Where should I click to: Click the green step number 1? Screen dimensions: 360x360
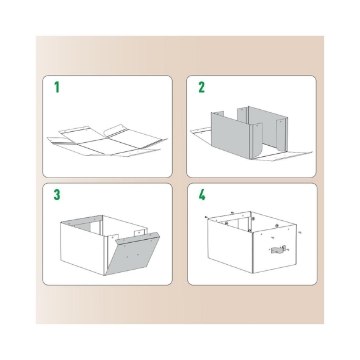tap(57, 87)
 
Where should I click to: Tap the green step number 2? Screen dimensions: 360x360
tap(201, 87)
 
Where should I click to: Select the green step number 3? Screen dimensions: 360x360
tap(57, 195)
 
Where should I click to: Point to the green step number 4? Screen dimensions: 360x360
tap(202, 195)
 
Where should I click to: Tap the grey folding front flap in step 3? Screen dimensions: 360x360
tap(133, 254)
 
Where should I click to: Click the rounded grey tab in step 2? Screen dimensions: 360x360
tap(256, 141)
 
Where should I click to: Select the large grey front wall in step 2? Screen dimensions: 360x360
tap(231, 134)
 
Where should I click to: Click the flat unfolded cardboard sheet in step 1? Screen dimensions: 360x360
tap(107, 142)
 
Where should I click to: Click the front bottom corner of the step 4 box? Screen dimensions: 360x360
tap(253, 273)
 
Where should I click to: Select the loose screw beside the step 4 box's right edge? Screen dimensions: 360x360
tap(300, 232)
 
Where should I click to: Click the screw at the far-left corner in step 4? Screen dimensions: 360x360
tap(207, 217)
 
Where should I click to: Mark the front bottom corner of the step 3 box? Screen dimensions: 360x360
tap(105, 275)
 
